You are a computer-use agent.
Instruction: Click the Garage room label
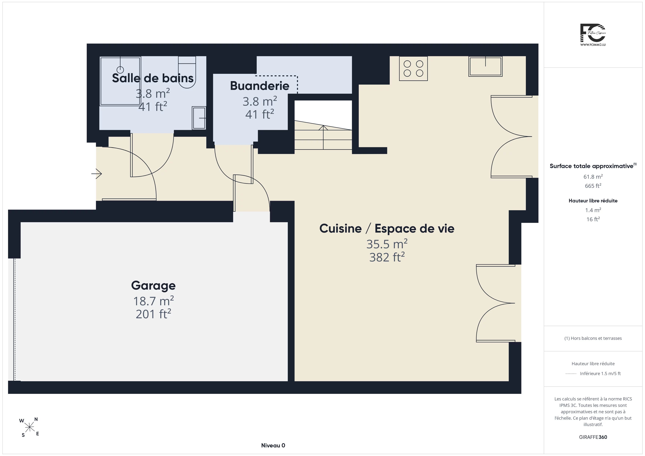coord(153,286)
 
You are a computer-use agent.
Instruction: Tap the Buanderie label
coord(260,86)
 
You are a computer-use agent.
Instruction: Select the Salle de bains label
coord(153,78)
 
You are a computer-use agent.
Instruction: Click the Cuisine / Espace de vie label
coord(387,229)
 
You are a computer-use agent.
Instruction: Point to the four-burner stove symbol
coord(413,69)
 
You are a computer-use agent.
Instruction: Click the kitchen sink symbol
coord(485,66)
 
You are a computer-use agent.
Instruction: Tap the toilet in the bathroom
coord(187,72)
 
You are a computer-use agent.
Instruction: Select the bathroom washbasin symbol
coord(199,118)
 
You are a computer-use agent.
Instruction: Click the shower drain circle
coord(120,69)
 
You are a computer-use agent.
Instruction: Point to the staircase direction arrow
coord(323,137)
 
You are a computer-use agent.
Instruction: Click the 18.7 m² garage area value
coord(153,301)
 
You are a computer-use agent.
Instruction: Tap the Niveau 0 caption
coord(273,445)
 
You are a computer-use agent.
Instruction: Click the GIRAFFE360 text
coord(593,437)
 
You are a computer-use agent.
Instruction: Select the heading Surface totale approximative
coord(592,166)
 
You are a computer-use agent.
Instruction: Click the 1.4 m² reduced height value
coord(593,210)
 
